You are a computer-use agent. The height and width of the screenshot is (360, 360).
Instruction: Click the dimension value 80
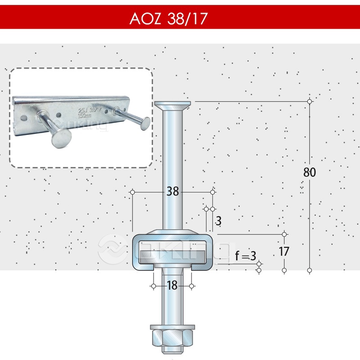(310, 172)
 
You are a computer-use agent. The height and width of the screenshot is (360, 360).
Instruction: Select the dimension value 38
(172, 192)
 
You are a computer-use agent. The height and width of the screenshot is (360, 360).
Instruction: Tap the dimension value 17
(284, 251)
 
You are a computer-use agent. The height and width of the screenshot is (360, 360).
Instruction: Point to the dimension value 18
(172, 285)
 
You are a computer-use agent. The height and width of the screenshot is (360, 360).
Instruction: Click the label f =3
(245, 256)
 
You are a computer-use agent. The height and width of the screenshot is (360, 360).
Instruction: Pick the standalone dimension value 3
(218, 221)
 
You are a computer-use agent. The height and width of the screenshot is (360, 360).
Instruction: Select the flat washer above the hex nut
(172, 327)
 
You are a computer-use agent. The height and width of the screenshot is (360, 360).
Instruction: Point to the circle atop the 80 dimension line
(310, 101)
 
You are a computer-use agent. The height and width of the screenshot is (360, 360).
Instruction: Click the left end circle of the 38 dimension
(132, 192)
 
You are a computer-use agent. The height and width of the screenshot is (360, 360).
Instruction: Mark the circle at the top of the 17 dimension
(284, 234)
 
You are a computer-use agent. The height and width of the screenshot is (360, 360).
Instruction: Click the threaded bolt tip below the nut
(172, 350)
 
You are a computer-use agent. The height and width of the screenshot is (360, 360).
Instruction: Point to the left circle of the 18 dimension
(153, 286)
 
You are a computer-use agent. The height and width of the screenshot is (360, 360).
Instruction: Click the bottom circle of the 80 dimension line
(310, 270)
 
